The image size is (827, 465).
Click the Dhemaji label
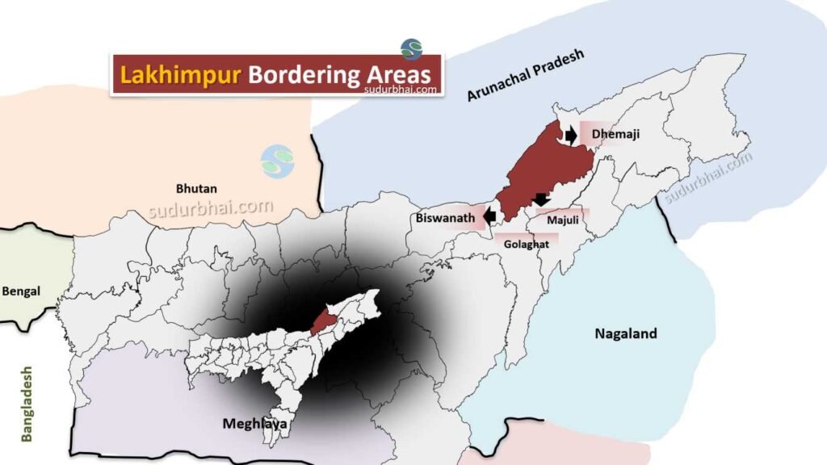(x=615, y=134)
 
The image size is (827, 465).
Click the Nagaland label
(x=626, y=333)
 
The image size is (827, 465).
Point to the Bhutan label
(x=196, y=188)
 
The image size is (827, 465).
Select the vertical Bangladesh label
(x=27, y=404)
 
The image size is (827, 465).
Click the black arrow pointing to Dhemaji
(x=571, y=135)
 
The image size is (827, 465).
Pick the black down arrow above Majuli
(x=541, y=199)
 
